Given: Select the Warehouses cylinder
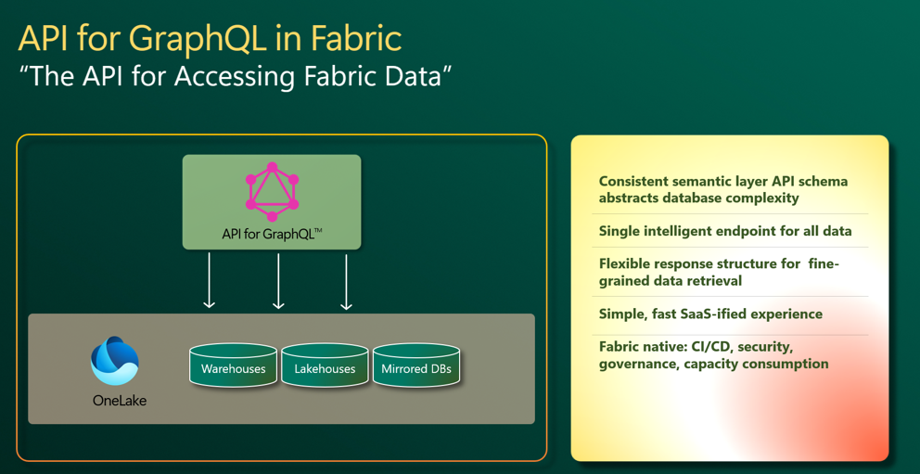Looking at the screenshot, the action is (x=233, y=365).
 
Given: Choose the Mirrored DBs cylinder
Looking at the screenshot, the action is (x=416, y=365).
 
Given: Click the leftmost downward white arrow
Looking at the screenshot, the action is (x=209, y=281).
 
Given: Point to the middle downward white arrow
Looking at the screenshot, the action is (x=278, y=281).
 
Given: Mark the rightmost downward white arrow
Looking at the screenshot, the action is (x=346, y=281).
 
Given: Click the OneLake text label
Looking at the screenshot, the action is (x=120, y=402).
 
